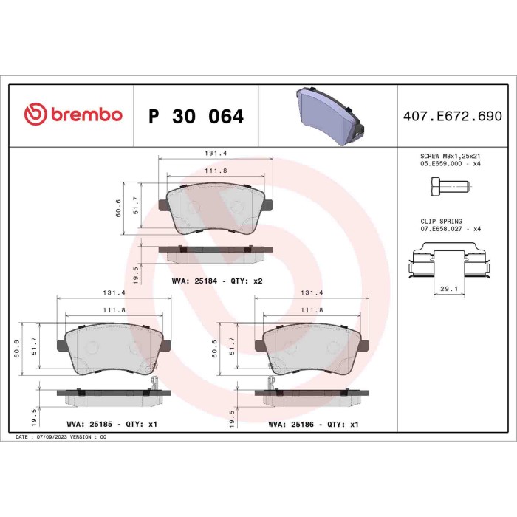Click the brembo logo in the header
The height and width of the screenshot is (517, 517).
(73, 114)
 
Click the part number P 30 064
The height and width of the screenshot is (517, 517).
(196, 117)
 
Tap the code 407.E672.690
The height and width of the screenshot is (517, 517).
(453, 116)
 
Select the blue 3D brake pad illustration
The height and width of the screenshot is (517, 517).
(330, 116)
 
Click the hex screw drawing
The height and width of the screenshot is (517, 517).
(451, 187)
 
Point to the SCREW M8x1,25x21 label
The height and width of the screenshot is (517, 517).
(450, 156)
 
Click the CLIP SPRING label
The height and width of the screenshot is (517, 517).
(441, 222)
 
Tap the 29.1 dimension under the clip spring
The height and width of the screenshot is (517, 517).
(449, 289)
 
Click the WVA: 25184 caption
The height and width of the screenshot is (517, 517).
(194, 281)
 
